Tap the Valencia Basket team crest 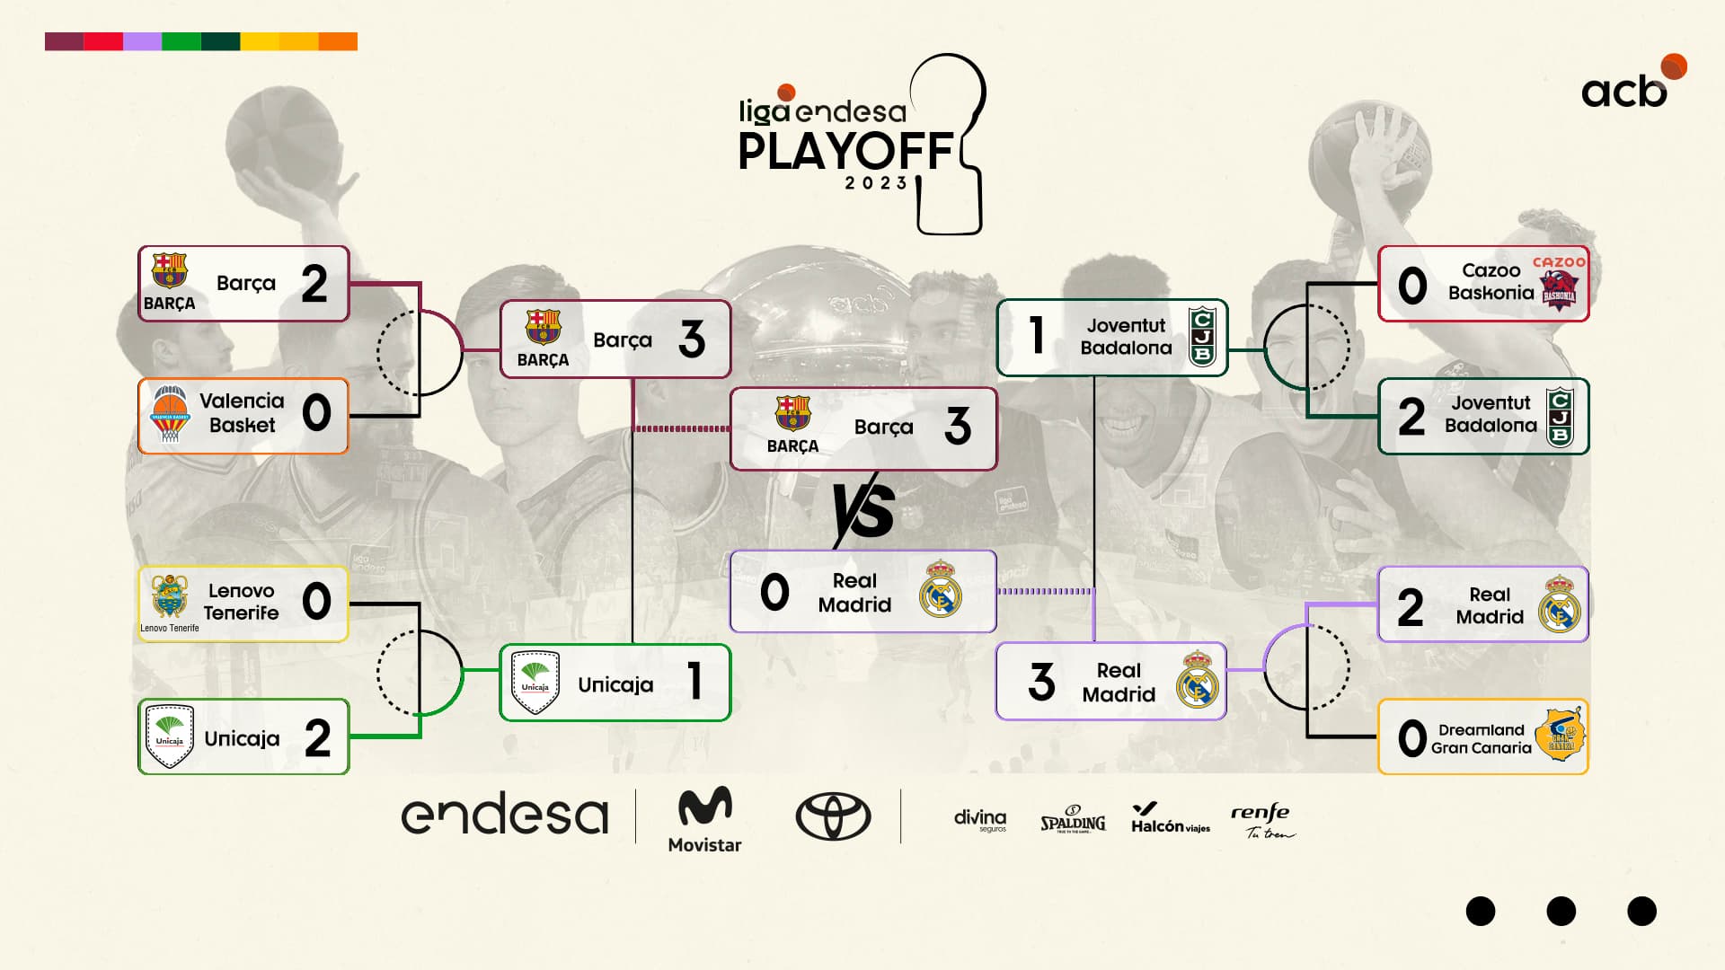170,415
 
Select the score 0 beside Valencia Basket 316,413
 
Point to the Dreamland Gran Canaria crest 1560,736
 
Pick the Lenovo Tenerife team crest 170,597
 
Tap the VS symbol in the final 863,510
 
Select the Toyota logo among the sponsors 833,816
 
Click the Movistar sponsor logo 704,818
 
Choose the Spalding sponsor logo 1073,820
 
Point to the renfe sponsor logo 1262,820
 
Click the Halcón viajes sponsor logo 1170,818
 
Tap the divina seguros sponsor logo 980,819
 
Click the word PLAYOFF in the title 845,151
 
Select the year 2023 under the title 876,183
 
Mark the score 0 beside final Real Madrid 774,593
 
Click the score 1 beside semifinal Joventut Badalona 1036,336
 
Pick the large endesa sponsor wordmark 505,815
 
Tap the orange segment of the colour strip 338,41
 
